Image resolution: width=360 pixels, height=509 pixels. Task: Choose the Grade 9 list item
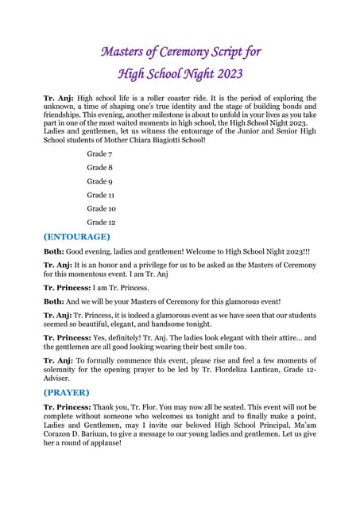101,181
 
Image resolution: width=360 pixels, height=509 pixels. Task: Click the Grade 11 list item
102,194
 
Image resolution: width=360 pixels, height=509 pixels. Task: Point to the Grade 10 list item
102,208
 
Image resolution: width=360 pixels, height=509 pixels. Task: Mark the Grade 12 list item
102,223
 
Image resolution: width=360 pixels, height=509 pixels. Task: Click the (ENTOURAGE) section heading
77,236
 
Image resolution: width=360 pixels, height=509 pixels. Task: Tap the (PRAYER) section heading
67,392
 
